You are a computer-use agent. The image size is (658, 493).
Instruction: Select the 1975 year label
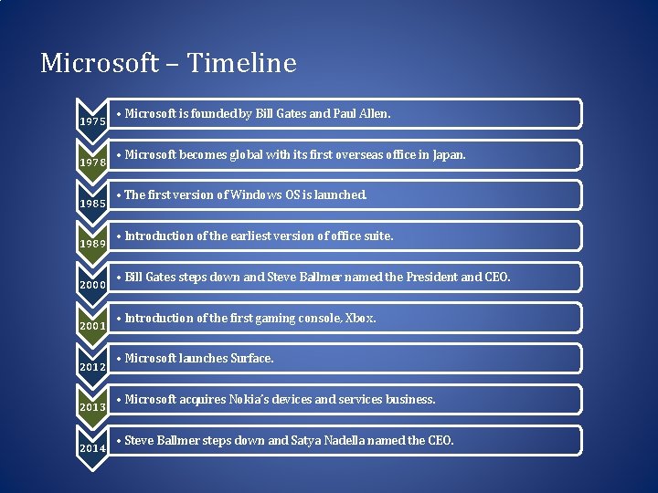[x=92, y=121]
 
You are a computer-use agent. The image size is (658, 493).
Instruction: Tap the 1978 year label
[x=92, y=162]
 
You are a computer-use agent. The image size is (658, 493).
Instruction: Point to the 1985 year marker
[x=92, y=203]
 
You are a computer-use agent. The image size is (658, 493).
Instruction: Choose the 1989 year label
[x=92, y=244]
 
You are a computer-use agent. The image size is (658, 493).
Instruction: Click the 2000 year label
[x=92, y=285]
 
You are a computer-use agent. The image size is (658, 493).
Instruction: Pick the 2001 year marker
[x=92, y=325]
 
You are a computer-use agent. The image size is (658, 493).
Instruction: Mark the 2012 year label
[x=92, y=366]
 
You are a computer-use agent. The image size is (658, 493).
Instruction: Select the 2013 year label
[x=92, y=407]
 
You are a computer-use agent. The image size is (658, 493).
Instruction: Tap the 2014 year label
[x=92, y=448]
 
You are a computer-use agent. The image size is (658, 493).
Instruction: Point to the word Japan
[x=448, y=155]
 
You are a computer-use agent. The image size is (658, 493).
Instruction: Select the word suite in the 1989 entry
[x=377, y=236]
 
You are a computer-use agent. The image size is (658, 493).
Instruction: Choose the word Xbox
[x=360, y=319]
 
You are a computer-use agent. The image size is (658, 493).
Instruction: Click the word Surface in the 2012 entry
[x=252, y=359]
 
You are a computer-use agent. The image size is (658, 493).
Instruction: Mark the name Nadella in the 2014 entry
[x=376, y=441]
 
